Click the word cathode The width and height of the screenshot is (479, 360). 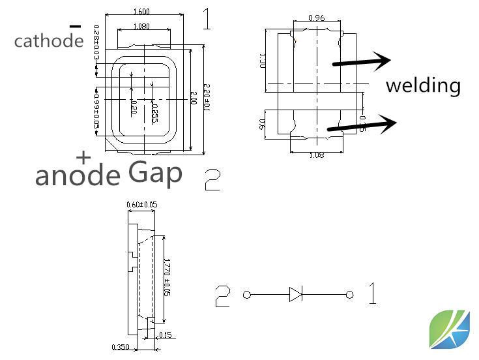pos(49,41)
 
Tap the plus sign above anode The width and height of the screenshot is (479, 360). pos(83,157)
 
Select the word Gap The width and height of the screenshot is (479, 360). pos(155,173)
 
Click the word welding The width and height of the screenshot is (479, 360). pos(423,85)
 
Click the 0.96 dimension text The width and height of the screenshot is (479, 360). pos(317,17)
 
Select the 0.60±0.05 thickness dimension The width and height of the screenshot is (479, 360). pos(142,205)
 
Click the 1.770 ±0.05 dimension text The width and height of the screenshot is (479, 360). pos(167,277)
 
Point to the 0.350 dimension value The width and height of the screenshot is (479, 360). pos(121,347)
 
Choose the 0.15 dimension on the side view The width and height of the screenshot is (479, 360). pos(165,335)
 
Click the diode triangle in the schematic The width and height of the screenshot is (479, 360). pos(296,295)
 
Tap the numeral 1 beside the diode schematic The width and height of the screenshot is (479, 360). pos(372,294)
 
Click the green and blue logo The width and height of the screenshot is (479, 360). pos(449,329)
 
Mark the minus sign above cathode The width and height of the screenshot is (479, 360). pos(76,26)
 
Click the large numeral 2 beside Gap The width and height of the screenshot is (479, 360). pos(212,179)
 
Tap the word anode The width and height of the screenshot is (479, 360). pos(78,175)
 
